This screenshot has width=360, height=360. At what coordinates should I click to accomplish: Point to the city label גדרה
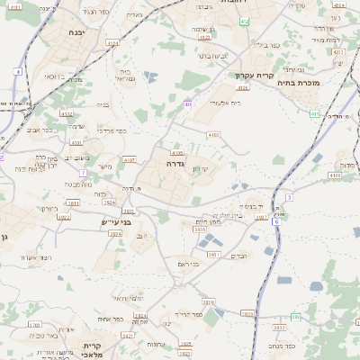[175, 165]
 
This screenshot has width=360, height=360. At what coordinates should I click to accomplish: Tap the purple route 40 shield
[188, 105]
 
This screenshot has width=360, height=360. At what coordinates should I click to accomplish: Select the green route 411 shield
[313, 113]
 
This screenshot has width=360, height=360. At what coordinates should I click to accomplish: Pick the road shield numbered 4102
[66, 114]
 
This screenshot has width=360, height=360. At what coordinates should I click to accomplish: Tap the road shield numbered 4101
[77, 141]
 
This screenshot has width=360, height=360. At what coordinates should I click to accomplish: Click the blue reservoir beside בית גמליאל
[149, 76]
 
